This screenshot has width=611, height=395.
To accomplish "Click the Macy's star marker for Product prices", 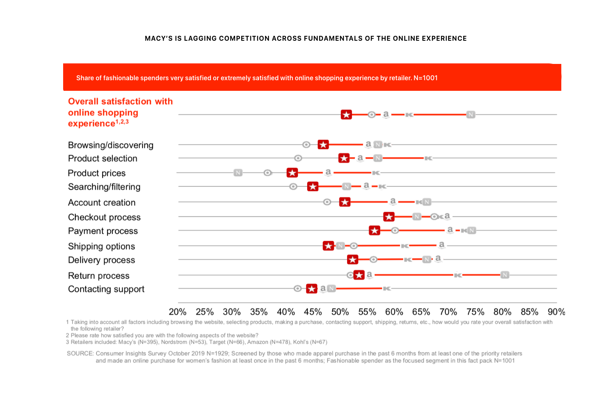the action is tap(292, 173).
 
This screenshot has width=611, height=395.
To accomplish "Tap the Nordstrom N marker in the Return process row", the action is tap(505, 275).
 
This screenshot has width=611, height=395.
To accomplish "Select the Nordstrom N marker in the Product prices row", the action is tap(238, 173).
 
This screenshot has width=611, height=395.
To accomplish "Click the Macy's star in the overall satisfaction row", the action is tap(346, 115).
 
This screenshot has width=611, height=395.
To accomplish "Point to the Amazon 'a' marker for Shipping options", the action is tap(441, 245).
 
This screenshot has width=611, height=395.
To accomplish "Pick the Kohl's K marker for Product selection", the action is tap(428, 158).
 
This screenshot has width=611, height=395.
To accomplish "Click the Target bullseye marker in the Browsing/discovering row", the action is tap(306, 145).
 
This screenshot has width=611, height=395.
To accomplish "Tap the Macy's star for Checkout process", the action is tap(389, 217).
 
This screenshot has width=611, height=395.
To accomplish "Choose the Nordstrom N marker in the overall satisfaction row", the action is tap(471, 114).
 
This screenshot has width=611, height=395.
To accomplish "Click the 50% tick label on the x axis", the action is tap(340, 312).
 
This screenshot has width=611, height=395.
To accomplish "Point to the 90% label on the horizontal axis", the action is tap(556, 312).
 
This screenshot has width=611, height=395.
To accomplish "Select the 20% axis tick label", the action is tap(178, 312).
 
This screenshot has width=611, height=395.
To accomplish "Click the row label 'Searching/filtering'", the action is tap(104, 187).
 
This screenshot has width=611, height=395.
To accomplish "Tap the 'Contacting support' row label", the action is tap(106, 289).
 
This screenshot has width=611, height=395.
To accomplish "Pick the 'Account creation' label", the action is tap(102, 202).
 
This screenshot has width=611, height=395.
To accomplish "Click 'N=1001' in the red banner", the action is tap(426, 78).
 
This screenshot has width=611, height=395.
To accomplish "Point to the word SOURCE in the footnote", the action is tap(80, 353).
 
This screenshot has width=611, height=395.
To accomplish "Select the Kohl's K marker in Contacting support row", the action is tap(387, 288).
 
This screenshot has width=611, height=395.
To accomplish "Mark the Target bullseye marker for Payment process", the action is tap(395, 230).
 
